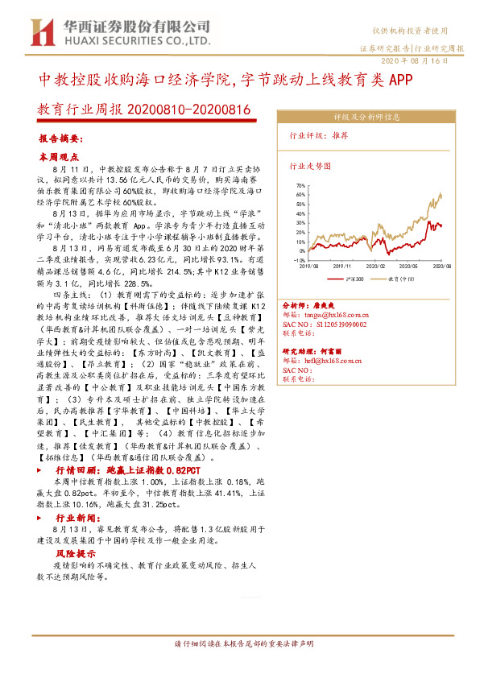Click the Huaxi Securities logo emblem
coord(40,32)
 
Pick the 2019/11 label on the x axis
coord(343,266)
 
